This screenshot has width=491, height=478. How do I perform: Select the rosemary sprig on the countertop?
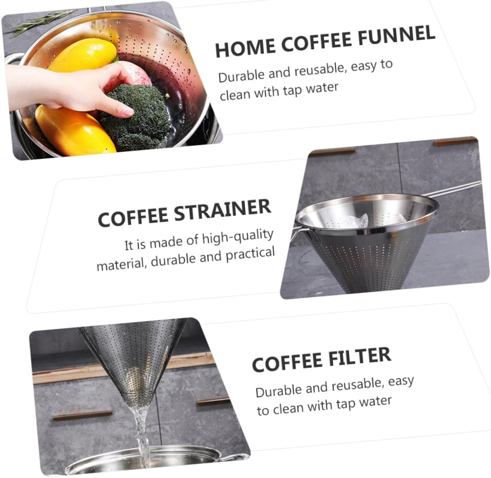pyautogui.click(x=36, y=24)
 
